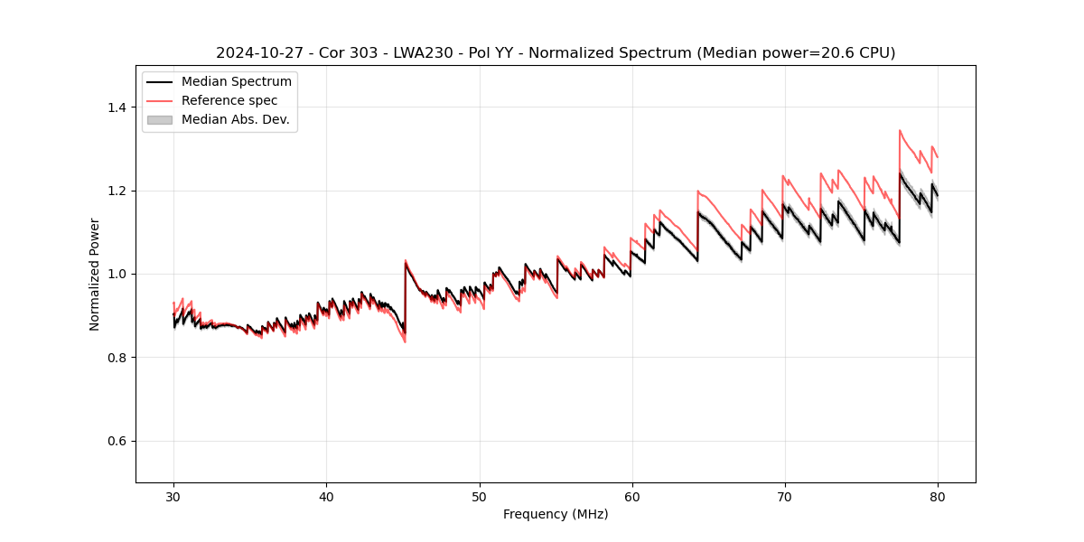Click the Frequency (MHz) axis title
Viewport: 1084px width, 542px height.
[556, 514]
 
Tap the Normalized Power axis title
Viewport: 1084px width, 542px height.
[95, 274]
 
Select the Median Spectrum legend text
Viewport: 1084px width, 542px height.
[237, 82]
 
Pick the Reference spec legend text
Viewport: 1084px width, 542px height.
[229, 100]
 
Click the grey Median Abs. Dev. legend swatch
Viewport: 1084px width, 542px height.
[159, 119]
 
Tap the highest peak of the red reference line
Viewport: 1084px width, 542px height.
[900, 130]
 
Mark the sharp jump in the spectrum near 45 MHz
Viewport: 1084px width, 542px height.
[405, 298]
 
